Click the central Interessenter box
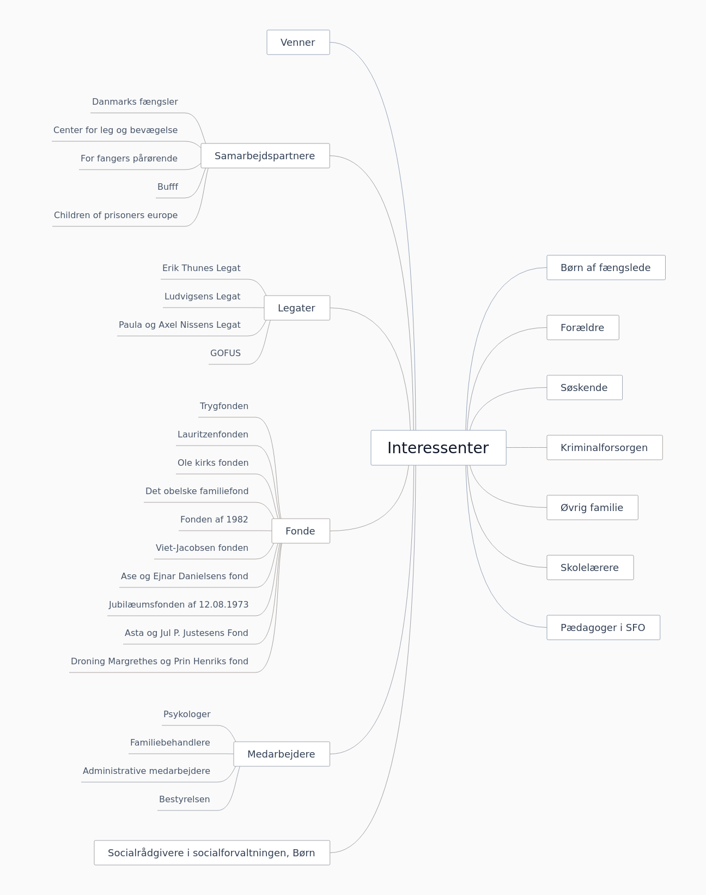[x=439, y=447]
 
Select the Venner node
[x=299, y=42]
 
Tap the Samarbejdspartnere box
[x=265, y=155]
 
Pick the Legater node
[x=297, y=308]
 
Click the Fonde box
[x=301, y=531]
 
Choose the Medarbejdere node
[x=282, y=754]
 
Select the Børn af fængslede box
[x=606, y=267]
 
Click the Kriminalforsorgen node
[x=605, y=447]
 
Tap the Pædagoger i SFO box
[x=604, y=627]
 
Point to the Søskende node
[x=585, y=387]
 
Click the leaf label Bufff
[x=167, y=187]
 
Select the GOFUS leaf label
[x=225, y=353]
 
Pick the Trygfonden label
[x=224, y=406]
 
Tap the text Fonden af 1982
[x=214, y=519]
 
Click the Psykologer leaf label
[x=187, y=714]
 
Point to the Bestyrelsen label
[x=185, y=799]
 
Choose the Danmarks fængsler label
[x=135, y=102]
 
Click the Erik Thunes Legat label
[x=202, y=268]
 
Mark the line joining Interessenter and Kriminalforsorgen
[x=526, y=447]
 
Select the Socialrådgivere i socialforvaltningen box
[x=212, y=852]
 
